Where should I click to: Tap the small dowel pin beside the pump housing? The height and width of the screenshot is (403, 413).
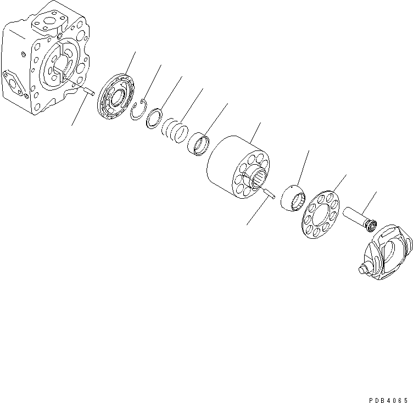90,91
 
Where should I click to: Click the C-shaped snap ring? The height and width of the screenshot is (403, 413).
141,109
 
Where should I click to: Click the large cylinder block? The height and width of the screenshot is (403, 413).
236,165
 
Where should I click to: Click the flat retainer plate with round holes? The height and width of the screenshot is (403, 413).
319,214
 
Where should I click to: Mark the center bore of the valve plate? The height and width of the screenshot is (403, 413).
117,99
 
